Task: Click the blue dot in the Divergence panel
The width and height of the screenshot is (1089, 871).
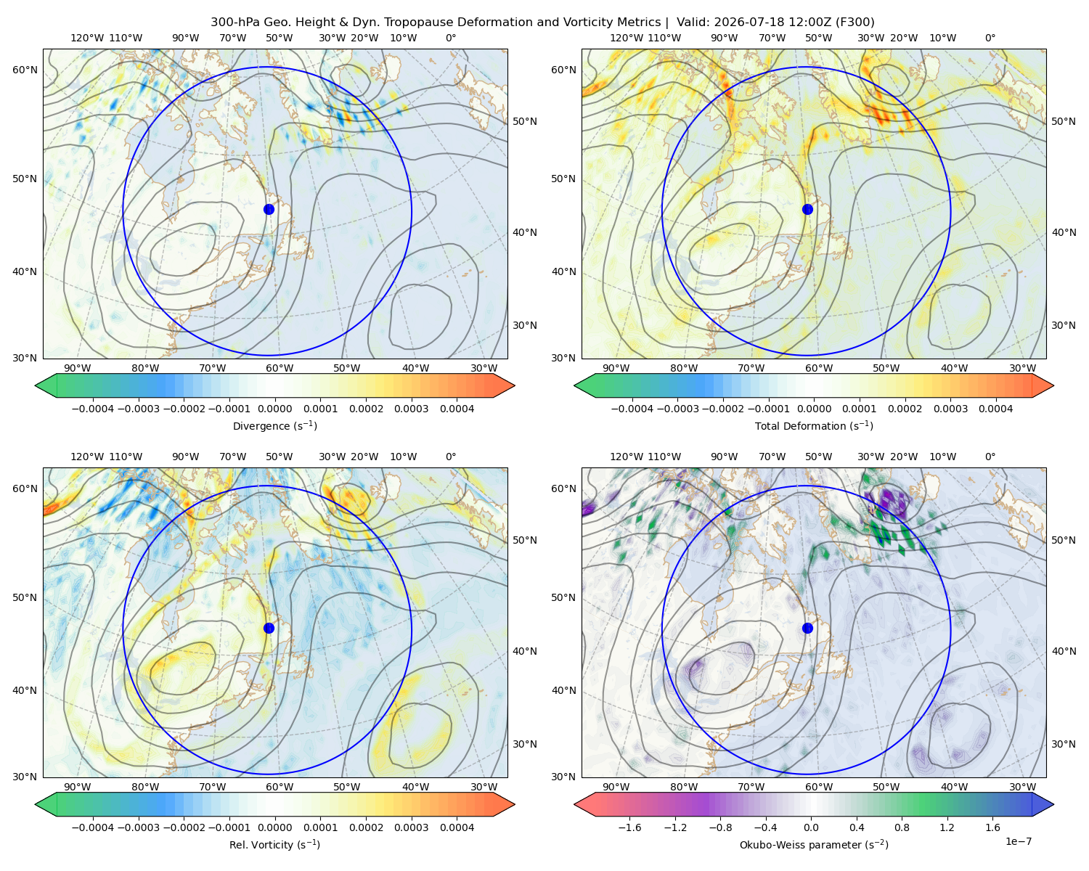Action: [269, 209]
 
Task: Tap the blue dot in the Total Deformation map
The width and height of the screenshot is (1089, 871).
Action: [807, 209]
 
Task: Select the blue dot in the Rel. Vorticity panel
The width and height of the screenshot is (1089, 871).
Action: [269, 628]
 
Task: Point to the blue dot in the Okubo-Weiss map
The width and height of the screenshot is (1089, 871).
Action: [807, 628]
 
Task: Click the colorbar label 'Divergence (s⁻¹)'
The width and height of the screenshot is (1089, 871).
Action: [274, 425]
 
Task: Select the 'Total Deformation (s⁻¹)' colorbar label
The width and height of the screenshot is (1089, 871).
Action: [814, 425]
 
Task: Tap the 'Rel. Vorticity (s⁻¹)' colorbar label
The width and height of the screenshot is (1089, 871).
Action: [274, 844]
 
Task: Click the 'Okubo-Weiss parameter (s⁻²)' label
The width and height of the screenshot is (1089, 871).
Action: [814, 844]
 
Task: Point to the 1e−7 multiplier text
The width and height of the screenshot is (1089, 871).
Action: [1018, 841]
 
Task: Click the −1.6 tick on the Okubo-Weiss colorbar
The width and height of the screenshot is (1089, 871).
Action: [629, 827]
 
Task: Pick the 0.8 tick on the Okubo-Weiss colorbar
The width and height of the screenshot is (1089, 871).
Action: [902, 827]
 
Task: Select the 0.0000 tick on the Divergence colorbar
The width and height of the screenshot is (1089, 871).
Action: [274, 409]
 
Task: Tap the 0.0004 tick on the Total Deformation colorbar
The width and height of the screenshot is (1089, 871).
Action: [995, 409]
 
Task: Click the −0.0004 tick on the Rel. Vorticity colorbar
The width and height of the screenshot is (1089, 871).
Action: [93, 827]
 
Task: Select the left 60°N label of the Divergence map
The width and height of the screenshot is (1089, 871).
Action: [25, 70]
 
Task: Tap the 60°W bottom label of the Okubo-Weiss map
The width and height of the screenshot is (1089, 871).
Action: [818, 787]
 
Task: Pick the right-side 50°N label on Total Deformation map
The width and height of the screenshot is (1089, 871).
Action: [1063, 121]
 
